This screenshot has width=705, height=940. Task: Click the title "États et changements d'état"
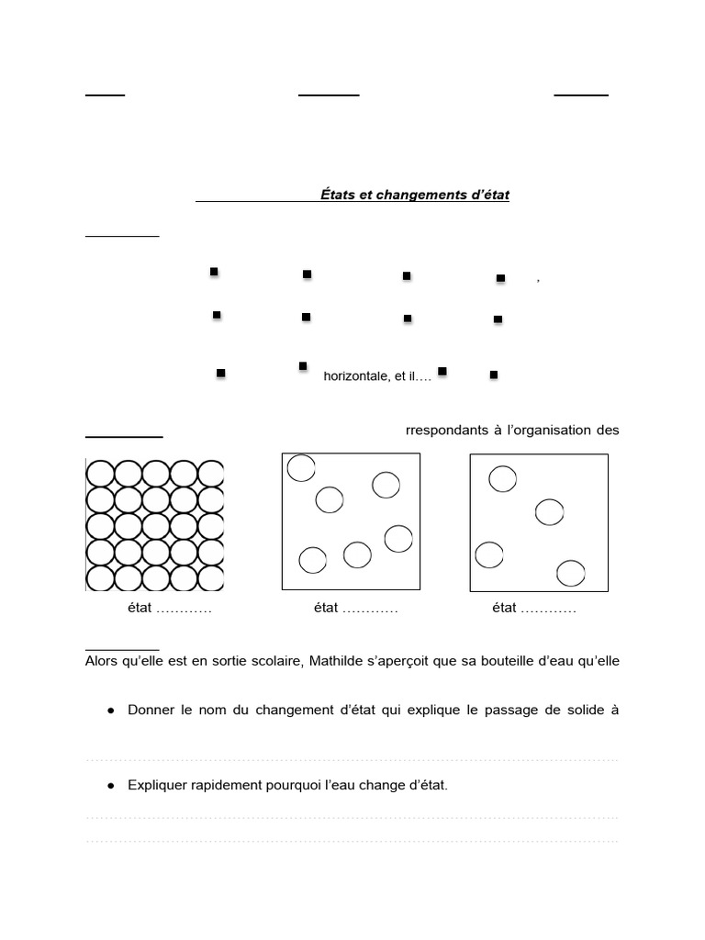point(414,195)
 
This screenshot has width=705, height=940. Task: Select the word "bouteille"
point(519,664)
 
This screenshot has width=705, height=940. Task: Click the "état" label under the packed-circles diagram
point(141,608)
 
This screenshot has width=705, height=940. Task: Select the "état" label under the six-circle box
point(326,608)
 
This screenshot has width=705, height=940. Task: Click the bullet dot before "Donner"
point(110,711)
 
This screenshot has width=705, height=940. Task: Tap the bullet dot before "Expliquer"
point(110,786)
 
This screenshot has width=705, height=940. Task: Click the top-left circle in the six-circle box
point(300,468)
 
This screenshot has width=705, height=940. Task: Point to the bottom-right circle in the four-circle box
point(570,574)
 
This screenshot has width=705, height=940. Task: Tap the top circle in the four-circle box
point(502,478)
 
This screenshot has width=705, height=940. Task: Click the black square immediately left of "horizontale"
point(303,366)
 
